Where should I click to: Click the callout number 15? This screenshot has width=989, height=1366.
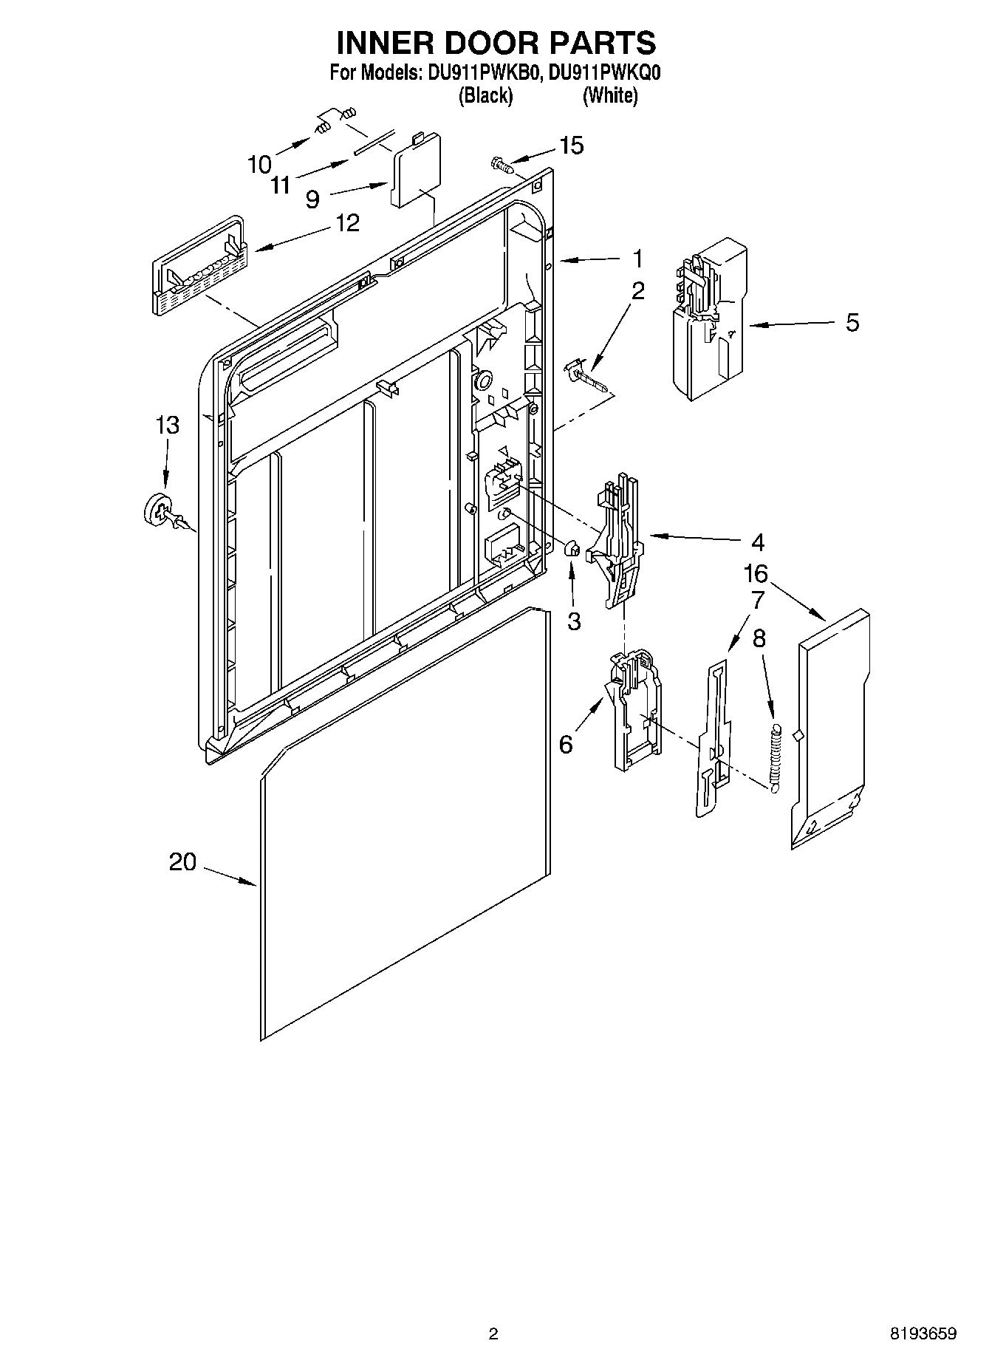coord(571,146)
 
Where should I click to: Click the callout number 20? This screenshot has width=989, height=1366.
coord(183,861)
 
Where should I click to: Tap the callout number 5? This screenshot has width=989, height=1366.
coord(852,323)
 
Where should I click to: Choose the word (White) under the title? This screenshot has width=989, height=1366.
coord(609,95)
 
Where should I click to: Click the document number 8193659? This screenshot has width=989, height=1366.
coord(922,1333)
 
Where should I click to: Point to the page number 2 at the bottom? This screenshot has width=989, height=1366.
coord(493,1333)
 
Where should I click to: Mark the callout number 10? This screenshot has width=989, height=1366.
coord(260,164)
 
